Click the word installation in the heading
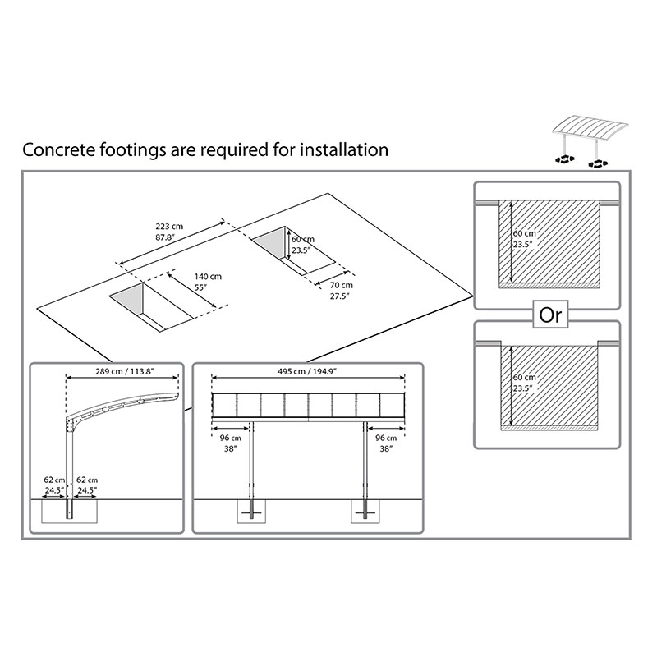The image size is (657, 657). click(342, 150)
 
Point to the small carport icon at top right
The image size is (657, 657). click(592, 139)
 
